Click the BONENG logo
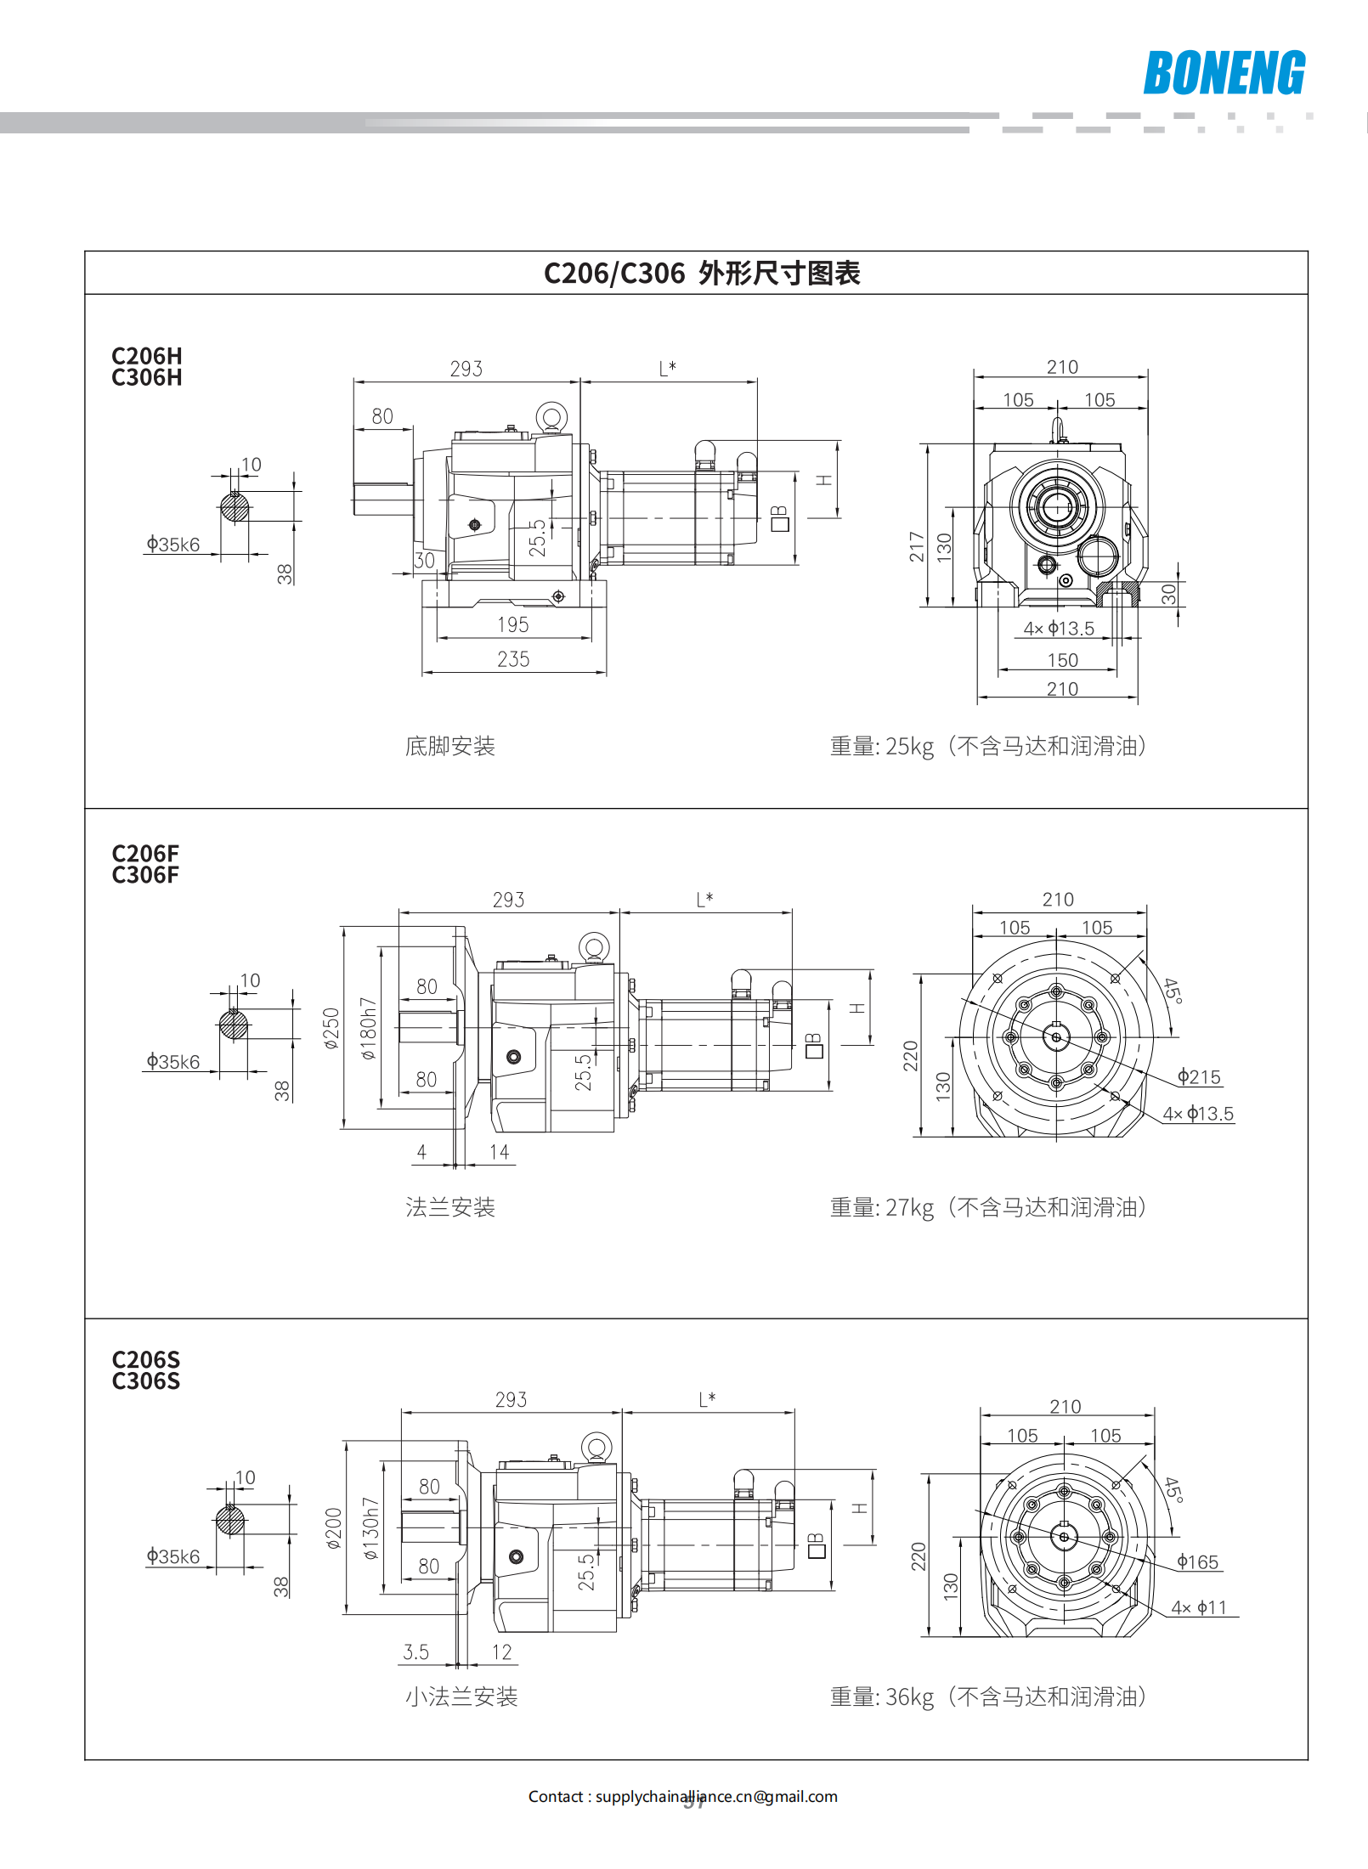coord(1224,73)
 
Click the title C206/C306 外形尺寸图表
coord(702,274)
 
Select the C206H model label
coord(147,356)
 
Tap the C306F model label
coord(145,875)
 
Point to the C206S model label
coord(146,1359)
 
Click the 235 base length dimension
coord(513,659)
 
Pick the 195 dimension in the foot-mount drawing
coord(512,625)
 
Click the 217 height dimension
coord(916,546)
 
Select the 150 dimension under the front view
coord(1062,660)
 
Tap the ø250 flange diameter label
coord(331,1028)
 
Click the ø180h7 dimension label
coord(368,1028)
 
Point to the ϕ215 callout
coord(1199,1077)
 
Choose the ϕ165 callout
coord(1197,1562)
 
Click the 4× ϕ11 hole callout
coord(1199,1607)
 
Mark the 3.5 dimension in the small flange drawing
coord(415,1652)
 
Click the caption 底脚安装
coord(450,746)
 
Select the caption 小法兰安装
coord(461,1697)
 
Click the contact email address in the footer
coord(716,1797)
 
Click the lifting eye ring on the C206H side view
coord(551,417)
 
